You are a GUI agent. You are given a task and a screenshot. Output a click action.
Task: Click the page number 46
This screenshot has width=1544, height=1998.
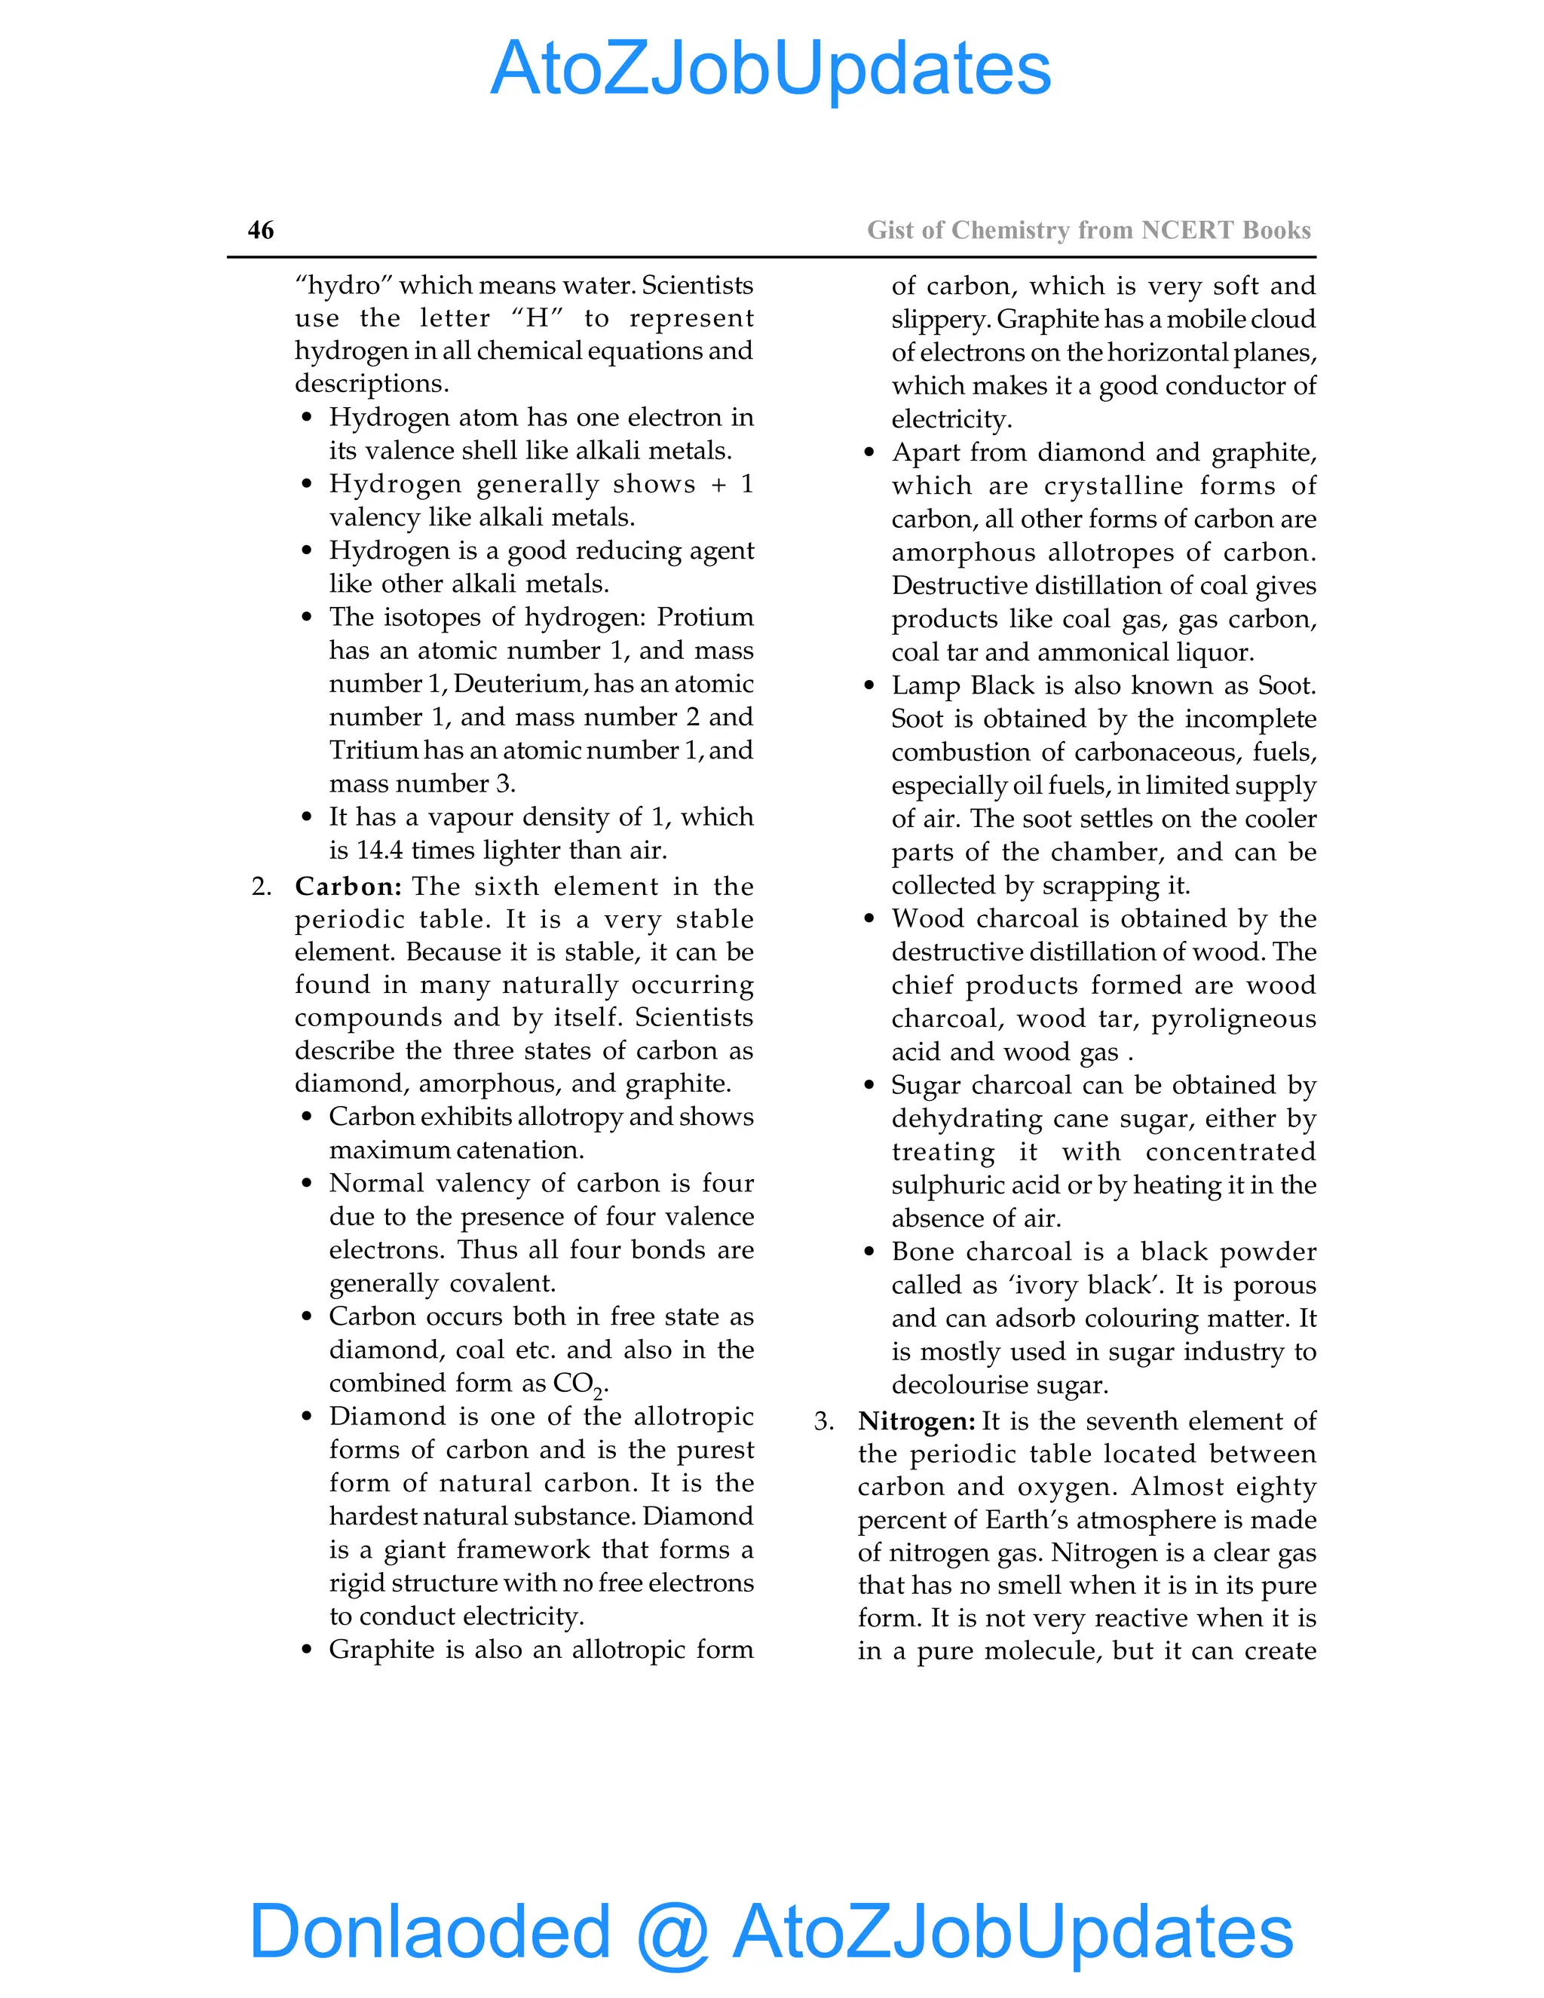click(261, 230)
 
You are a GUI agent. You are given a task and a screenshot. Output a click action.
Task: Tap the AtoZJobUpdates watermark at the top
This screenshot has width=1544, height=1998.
click(770, 69)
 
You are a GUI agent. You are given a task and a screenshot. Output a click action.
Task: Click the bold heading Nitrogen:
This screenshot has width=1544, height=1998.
click(915, 1420)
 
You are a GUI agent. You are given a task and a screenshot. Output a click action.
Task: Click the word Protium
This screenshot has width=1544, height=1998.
click(704, 617)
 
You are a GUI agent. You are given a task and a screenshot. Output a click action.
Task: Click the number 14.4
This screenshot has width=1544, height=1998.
click(378, 850)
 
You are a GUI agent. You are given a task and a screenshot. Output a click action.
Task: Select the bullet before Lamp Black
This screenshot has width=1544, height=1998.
click(869, 685)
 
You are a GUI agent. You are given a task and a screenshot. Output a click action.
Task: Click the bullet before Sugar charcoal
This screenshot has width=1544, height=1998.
click(869, 1085)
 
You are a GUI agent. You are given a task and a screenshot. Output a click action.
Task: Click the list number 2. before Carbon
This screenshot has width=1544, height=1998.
click(261, 887)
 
